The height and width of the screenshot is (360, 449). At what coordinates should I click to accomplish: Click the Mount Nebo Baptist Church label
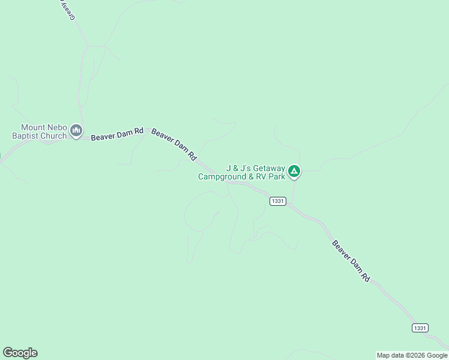(40, 131)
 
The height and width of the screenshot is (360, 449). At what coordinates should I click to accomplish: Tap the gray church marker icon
(76, 130)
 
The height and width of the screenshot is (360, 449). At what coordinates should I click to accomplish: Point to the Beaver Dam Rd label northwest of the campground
(174, 144)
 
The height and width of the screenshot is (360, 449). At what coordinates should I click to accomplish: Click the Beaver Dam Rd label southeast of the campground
(351, 261)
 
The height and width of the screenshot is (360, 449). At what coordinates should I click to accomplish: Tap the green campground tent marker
(294, 172)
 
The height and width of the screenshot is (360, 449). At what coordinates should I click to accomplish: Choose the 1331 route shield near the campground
(277, 202)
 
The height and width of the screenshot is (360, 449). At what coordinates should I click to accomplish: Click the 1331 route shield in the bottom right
(420, 328)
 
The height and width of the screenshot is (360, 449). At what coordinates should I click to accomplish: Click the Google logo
(20, 353)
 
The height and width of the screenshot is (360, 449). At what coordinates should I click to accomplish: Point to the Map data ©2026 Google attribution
(412, 355)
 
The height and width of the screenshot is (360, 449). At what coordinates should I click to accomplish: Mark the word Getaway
(270, 169)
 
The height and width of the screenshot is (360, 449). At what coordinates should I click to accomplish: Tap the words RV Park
(269, 177)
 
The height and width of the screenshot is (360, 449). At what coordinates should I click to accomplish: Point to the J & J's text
(240, 169)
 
